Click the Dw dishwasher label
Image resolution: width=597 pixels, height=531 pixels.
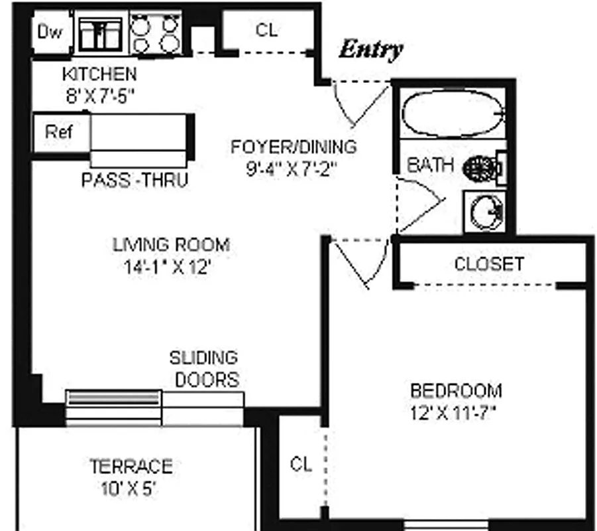pyautogui.click(x=50, y=32)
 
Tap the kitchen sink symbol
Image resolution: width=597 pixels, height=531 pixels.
pyautogui.click(x=100, y=34)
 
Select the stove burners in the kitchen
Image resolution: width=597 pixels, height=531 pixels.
pyautogui.click(x=155, y=34)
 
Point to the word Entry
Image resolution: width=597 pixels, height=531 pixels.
pyautogui.click(x=371, y=50)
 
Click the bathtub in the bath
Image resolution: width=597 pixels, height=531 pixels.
pyautogui.click(x=453, y=114)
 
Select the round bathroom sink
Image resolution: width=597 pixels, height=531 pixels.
pyautogui.click(x=486, y=212)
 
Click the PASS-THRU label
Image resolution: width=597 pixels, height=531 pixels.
pyautogui.click(x=135, y=180)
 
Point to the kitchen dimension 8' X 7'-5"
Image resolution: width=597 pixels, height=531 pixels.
pyautogui.click(x=100, y=96)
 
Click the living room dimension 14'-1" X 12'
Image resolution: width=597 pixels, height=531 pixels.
pyautogui.click(x=167, y=267)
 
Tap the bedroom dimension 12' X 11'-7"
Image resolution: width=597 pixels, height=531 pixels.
pyautogui.click(x=453, y=413)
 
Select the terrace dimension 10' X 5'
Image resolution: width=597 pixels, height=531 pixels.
pyautogui.click(x=129, y=489)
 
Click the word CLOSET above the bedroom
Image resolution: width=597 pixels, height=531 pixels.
pyautogui.click(x=489, y=264)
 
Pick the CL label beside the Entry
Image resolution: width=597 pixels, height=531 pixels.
pyautogui.click(x=266, y=30)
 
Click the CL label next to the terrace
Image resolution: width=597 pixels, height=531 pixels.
pyautogui.click(x=301, y=464)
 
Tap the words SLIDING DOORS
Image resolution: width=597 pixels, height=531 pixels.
pyautogui.click(x=205, y=368)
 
